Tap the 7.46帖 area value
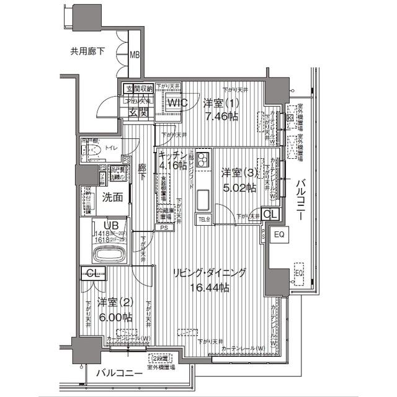(224, 115)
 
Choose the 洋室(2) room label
(110, 303)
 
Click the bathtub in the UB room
(109, 254)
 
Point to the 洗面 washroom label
(112, 198)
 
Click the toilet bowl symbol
(96, 150)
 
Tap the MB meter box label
(135, 55)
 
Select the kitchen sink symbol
(205, 200)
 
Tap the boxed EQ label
(279, 234)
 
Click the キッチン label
(169, 154)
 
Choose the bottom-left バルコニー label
(118, 373)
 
